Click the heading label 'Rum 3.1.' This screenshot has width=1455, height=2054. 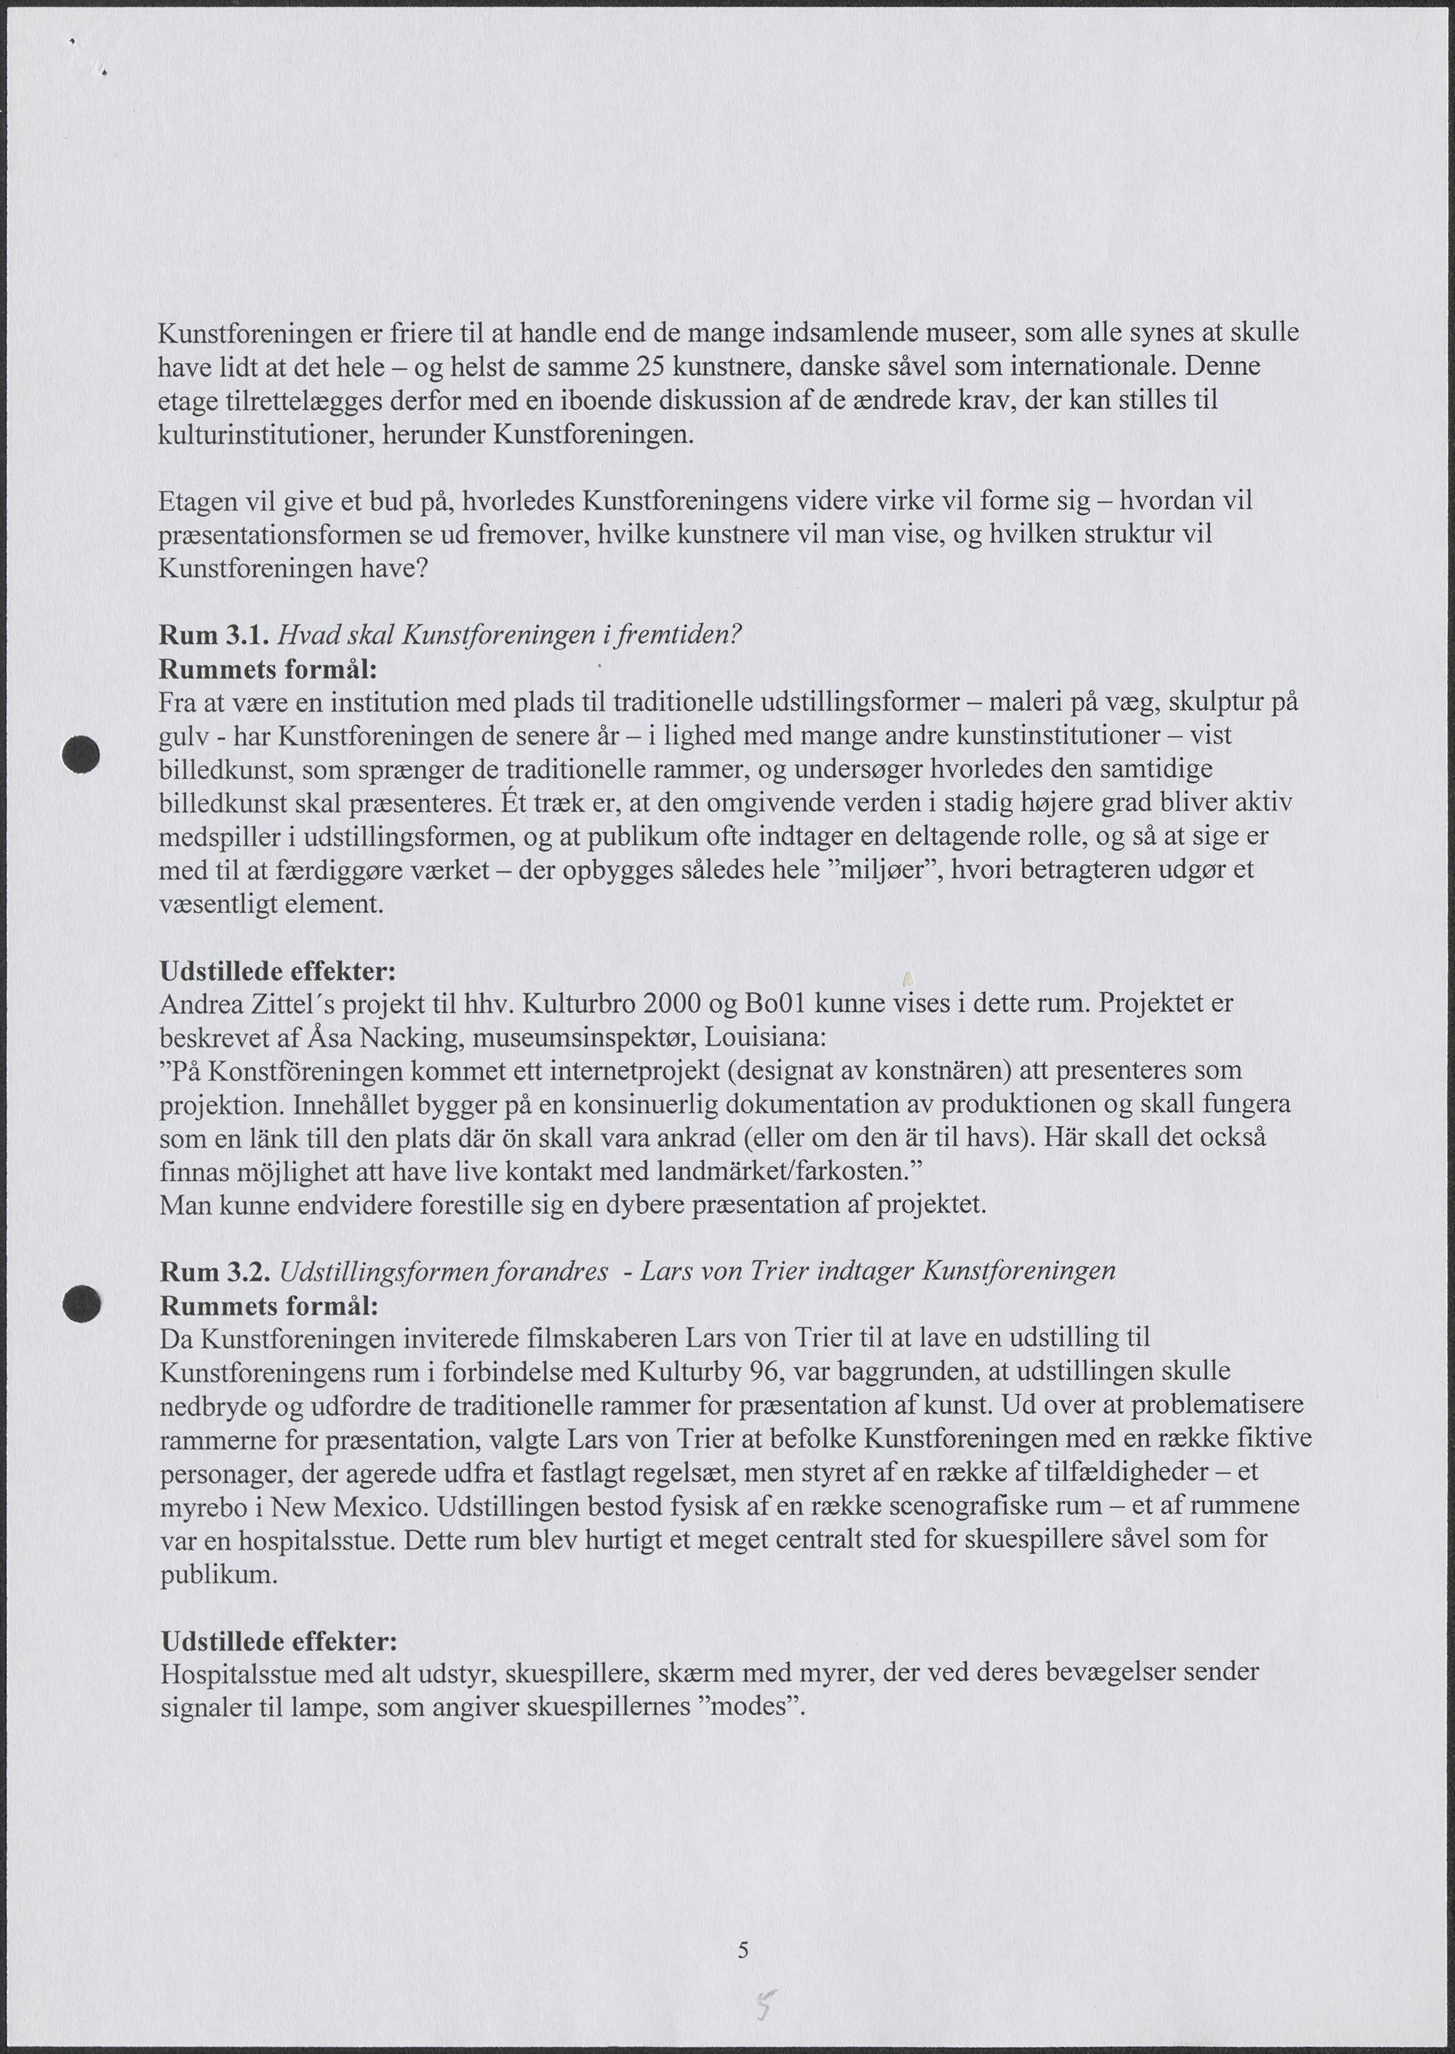(213, 636)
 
